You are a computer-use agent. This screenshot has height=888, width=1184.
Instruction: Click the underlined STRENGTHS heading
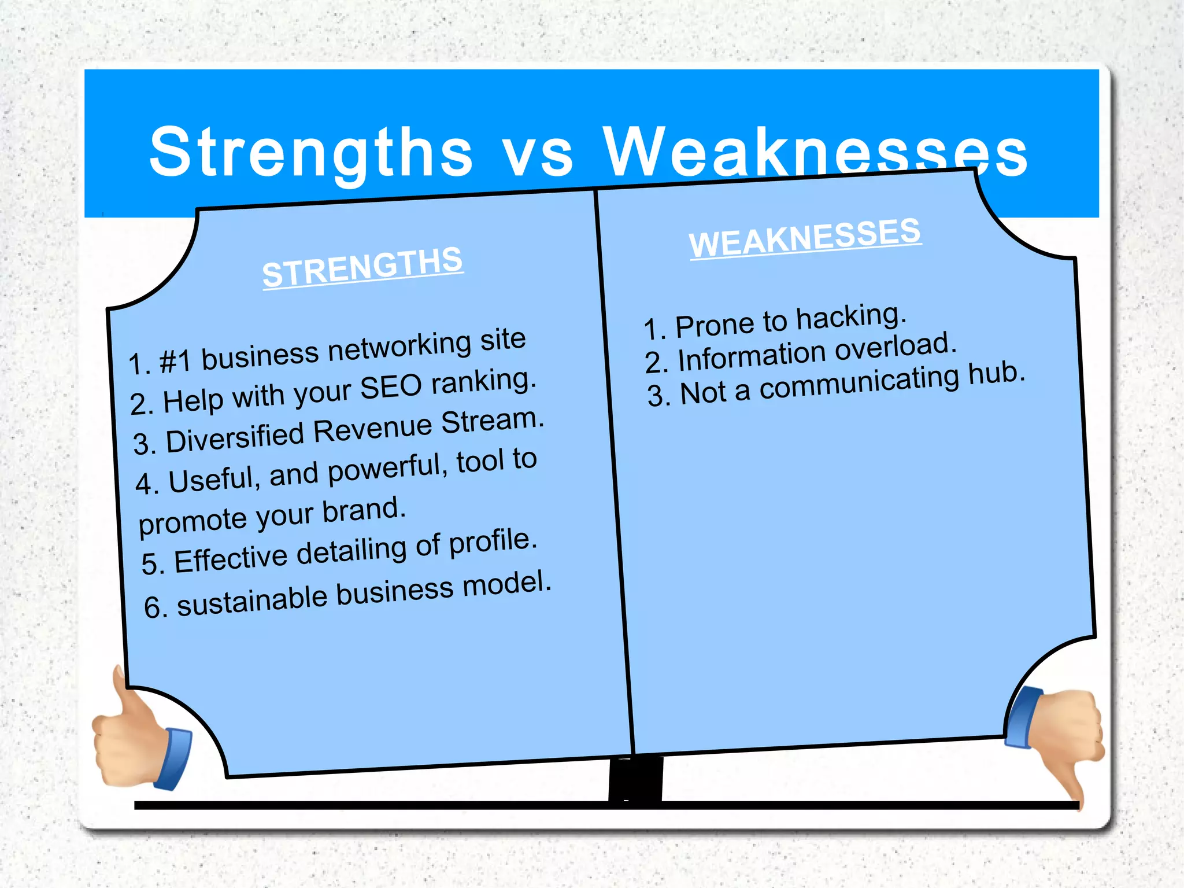[x=362, y=267]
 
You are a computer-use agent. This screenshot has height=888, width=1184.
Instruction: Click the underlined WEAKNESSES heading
[x=805, y=237]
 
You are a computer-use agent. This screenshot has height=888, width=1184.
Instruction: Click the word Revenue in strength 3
[x=373, y=429]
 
